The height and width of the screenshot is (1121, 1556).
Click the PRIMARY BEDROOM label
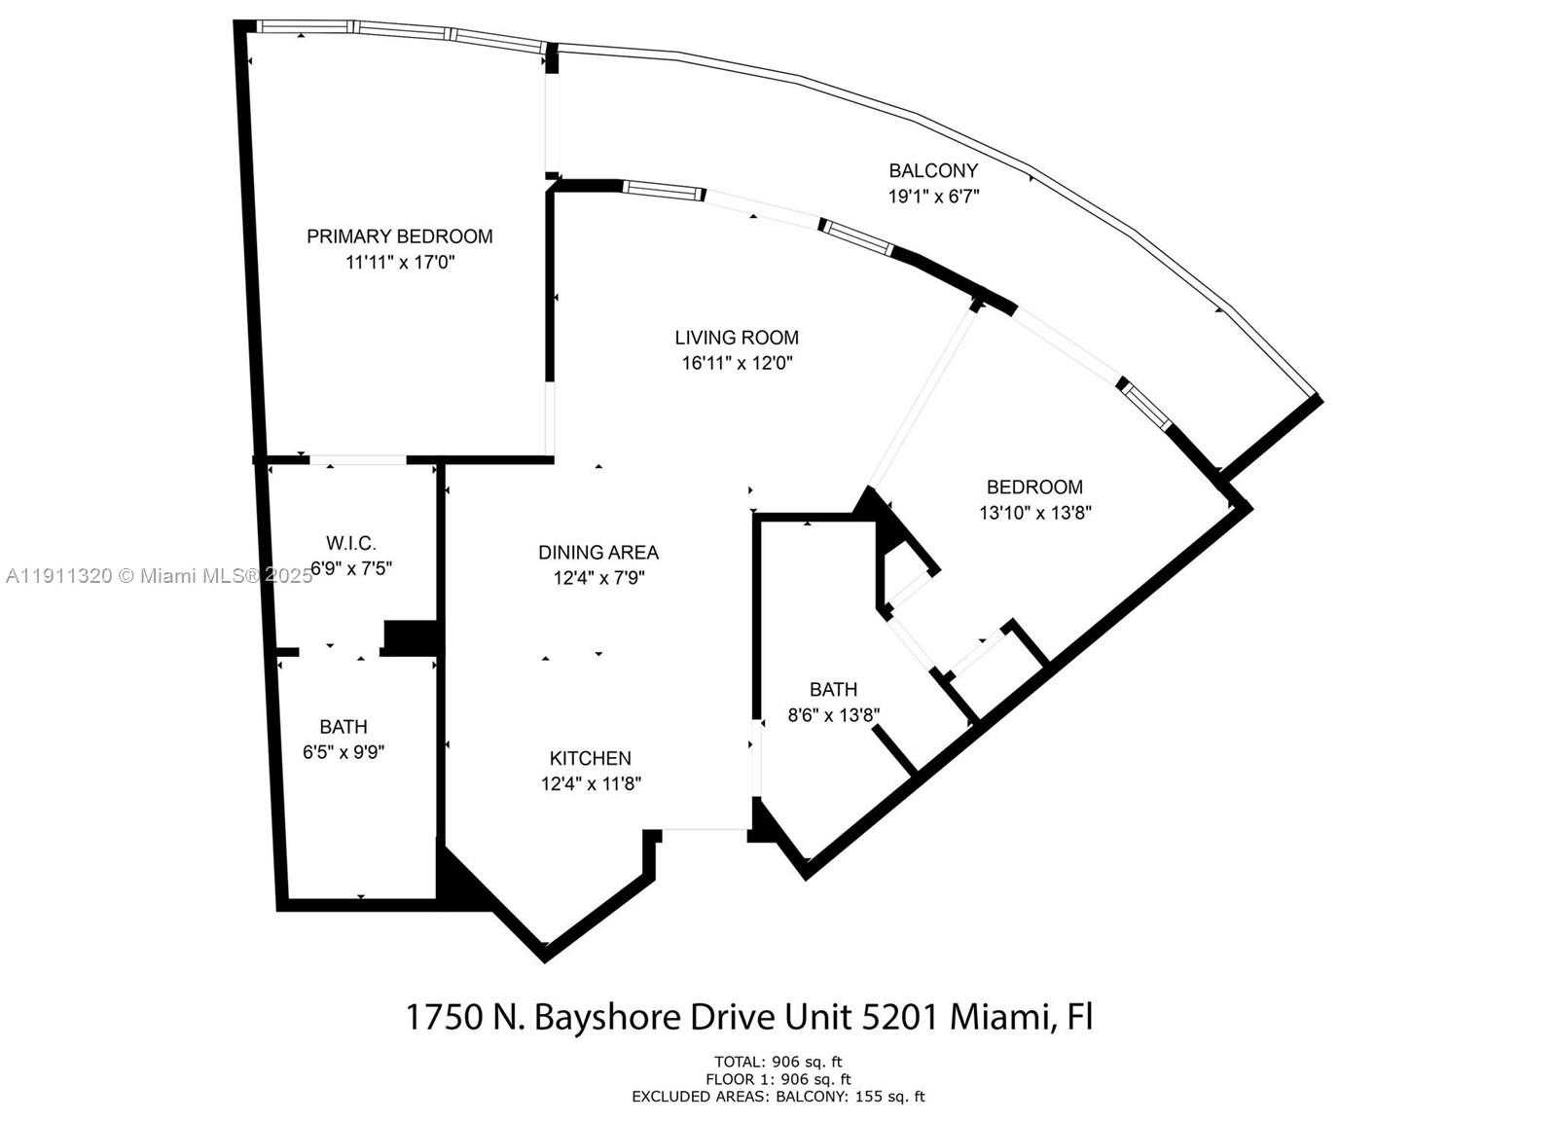click(399, 236)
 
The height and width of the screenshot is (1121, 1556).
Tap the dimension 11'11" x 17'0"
click(399, 263)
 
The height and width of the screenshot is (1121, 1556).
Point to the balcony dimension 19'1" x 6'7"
click(933, 197)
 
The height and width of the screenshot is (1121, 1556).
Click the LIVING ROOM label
click(737, 338)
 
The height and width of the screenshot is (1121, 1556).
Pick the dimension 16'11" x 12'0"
click(737, 363)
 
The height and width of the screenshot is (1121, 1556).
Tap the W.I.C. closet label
click(350, 542)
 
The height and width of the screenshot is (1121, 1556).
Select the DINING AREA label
click(598, 552)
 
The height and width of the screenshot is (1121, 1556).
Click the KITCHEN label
click(591, 758)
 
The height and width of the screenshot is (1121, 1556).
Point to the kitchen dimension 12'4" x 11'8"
click(591, 784)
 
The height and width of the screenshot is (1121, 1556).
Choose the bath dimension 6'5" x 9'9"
click(344, 752)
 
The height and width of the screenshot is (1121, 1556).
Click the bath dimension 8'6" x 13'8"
click(834, 715)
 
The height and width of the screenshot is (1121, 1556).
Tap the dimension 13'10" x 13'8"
click(1035, 513)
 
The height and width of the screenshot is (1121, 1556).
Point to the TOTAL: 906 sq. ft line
click(778, 1062)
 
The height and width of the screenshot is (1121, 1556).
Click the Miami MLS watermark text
click(159, 576)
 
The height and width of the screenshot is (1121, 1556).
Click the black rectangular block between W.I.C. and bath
click(410, 637)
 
